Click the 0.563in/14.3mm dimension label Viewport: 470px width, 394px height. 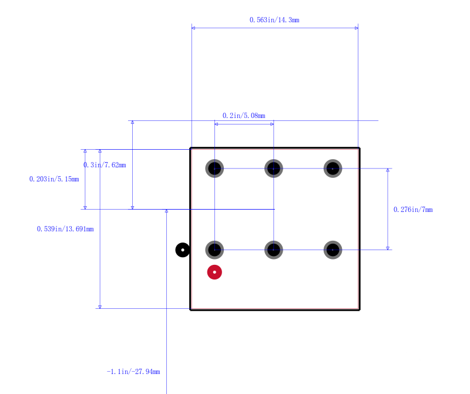point(274,20)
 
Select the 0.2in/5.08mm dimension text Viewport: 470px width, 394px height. point(244,116)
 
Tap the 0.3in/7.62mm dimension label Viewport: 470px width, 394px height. point(105,165)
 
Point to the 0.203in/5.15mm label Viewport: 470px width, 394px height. point(54,179)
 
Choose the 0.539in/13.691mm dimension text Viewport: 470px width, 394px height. point(65,229)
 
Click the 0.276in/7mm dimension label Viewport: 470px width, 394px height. point(413,210)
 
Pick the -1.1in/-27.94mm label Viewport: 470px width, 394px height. point(133,372)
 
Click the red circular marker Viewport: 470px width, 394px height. point(214,272)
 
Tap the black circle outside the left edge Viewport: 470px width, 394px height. point(183,250)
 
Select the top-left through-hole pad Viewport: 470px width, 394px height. point(214,169)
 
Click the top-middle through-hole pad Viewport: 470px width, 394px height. point(274,169)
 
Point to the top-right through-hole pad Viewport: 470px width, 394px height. point(333,169)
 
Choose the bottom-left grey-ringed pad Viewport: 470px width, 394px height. point(214,250)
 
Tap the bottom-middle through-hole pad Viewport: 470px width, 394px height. point(274,250)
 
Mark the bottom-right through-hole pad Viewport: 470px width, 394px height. point(333,250)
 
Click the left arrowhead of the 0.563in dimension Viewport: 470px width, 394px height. point(193,28)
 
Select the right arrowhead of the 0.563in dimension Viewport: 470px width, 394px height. point(357,28)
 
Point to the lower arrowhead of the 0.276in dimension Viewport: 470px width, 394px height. point(388,248)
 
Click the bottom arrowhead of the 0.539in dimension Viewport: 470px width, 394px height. point(100,307)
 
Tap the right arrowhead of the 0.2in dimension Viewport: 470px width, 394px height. point(272,124)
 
